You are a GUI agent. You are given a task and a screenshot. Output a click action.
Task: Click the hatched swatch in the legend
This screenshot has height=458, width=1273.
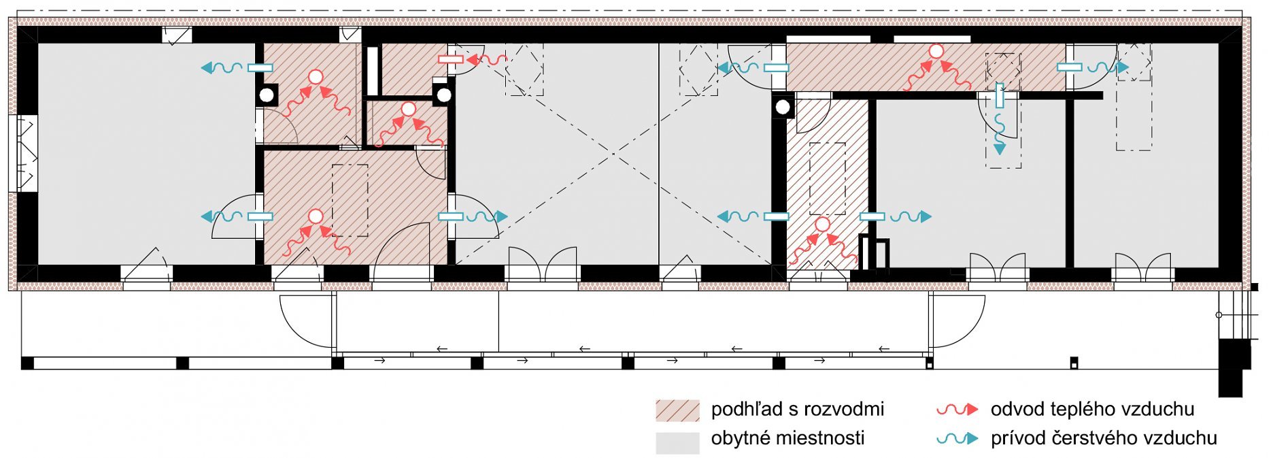pyautogui.click(x=677, y=410)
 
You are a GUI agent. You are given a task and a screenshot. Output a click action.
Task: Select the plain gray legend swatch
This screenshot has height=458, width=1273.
pyautogui.click(x=677, y=442)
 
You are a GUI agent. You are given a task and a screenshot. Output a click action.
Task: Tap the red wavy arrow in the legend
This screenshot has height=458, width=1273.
pyautogui.click(x=957, y=410)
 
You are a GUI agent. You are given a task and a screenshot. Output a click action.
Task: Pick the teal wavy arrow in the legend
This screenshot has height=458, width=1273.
pyautogui.click(x=957, y=439)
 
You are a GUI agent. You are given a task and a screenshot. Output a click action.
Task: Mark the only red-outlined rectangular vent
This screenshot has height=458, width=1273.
pyautogui.click(x=451, y=59)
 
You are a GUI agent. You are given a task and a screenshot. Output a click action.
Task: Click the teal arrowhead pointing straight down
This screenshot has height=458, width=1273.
pyautogui.click(x=999, y=148)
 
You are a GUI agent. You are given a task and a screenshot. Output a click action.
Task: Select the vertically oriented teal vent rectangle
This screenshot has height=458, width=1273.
pyautogui.click(x=999, y=95)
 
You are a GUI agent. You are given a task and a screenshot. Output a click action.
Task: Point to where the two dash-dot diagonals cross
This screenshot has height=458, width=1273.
pyautogui.click(x=614, y=154)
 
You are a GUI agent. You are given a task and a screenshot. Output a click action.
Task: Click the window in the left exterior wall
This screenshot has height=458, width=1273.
pyautogui.click(x=22, y=154)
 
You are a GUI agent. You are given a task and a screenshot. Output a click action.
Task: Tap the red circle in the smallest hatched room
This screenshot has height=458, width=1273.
pyautogui.click(x=408, y=109)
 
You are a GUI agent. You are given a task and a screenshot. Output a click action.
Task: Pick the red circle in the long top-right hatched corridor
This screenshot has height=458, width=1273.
pyautogui.click(x=936, y=51)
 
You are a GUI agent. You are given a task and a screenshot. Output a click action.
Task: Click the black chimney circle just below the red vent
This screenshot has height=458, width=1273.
pyautogui.click(x=443, y=95)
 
